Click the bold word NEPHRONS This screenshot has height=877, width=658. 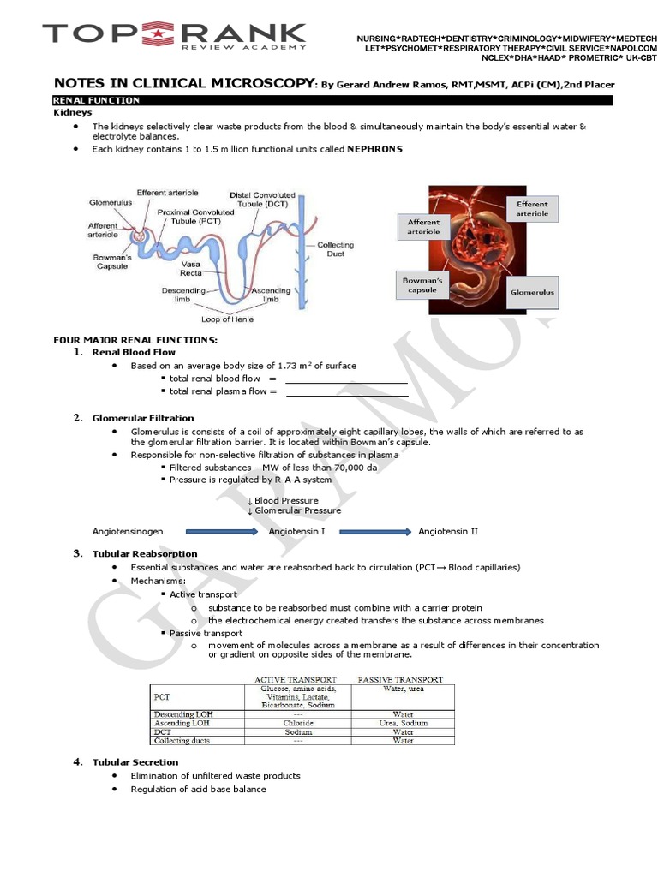coord(374,149)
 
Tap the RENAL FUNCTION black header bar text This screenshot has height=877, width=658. coord(96,100)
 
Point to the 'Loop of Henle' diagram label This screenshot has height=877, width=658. coord(227,319)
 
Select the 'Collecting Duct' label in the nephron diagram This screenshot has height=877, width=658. coord(335,249)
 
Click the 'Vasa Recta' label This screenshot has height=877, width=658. coord(190,269)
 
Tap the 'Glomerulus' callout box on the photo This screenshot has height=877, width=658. coord(532,292)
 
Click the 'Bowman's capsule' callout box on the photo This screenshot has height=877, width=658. coord(422,285)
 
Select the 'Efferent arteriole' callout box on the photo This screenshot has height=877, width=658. coord(532,208)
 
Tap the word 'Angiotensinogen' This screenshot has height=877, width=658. coord(128,532)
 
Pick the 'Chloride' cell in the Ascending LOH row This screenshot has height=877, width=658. coord(298,723)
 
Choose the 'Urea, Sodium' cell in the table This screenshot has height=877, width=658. coord(403,723)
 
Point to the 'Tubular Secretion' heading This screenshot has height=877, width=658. coord(135,762)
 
